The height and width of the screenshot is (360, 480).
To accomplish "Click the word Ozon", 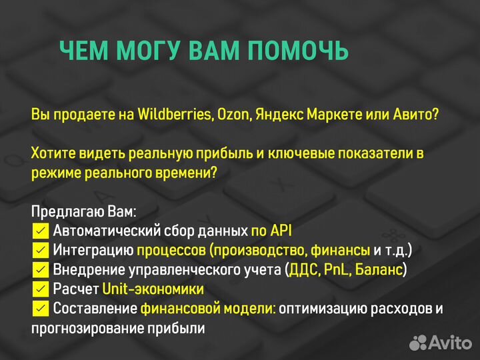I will tap(232, 114).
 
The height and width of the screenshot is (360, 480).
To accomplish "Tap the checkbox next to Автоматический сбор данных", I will tap(40, 231).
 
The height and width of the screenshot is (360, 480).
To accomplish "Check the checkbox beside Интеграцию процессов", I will tap(40, 251).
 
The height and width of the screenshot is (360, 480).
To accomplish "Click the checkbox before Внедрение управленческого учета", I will tap(40, 270).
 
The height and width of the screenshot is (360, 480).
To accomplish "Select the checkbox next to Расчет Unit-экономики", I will tap(40, 289).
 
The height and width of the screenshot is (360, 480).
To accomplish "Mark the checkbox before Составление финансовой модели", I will tap(40, 309).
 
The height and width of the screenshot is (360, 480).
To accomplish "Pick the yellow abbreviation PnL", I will tap(334, 270).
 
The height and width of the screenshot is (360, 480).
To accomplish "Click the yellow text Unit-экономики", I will tap(153, 289).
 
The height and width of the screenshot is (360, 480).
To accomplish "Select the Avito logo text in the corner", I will tap(450, 343).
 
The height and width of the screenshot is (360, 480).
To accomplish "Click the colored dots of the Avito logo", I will tap(418, 342).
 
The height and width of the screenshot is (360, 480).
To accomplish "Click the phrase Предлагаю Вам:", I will tap(83, 212).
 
